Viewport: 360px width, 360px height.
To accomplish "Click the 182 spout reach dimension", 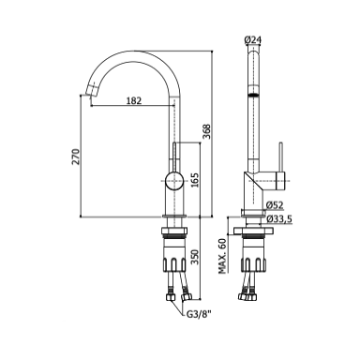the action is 134,100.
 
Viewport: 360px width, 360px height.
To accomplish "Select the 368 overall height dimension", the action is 207,131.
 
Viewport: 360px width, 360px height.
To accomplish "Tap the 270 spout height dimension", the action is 76,157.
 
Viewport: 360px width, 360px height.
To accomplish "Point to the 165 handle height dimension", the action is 194,180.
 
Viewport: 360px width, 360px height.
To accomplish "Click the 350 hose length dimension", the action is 195,257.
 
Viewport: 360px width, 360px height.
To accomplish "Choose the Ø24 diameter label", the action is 252,40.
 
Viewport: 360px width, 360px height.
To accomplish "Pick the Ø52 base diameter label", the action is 275,205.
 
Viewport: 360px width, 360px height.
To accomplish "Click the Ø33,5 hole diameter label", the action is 279,219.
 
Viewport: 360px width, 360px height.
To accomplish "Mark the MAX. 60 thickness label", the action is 222,256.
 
